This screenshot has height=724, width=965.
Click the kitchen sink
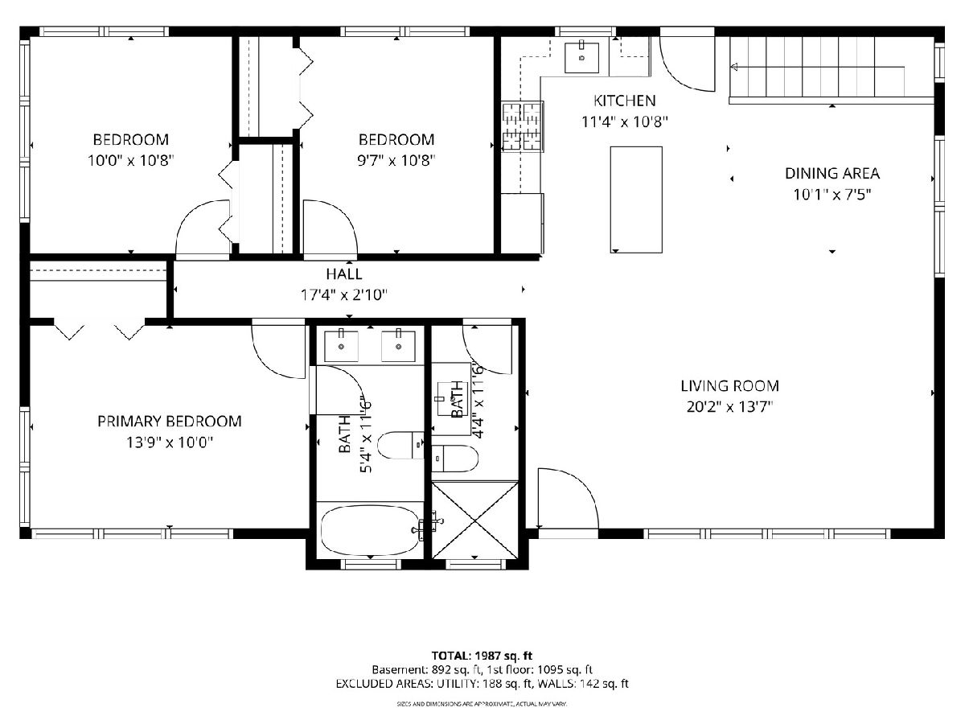coord(581,57)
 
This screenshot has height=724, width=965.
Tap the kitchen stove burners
coord(522,126)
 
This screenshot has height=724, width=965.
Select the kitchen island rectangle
coord(636,200)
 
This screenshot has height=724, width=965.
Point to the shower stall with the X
coord(474,520)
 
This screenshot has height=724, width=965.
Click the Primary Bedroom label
coord(169,421)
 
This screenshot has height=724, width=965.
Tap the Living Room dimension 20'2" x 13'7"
coord(730,407)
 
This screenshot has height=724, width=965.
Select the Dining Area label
coord(832,173)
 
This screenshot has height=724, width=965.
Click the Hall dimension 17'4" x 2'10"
coord(344,294)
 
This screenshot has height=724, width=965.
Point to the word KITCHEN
coord(624,101)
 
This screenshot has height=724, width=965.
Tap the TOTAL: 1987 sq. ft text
coord(482,656)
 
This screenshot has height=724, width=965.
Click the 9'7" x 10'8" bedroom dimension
coord(396,160)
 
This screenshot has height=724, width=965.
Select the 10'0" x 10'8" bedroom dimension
coord(130,160)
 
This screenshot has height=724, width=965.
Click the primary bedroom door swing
coord(278,348)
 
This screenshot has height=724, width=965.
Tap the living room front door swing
coord(568,498)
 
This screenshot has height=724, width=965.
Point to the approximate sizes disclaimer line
coord(482,704)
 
